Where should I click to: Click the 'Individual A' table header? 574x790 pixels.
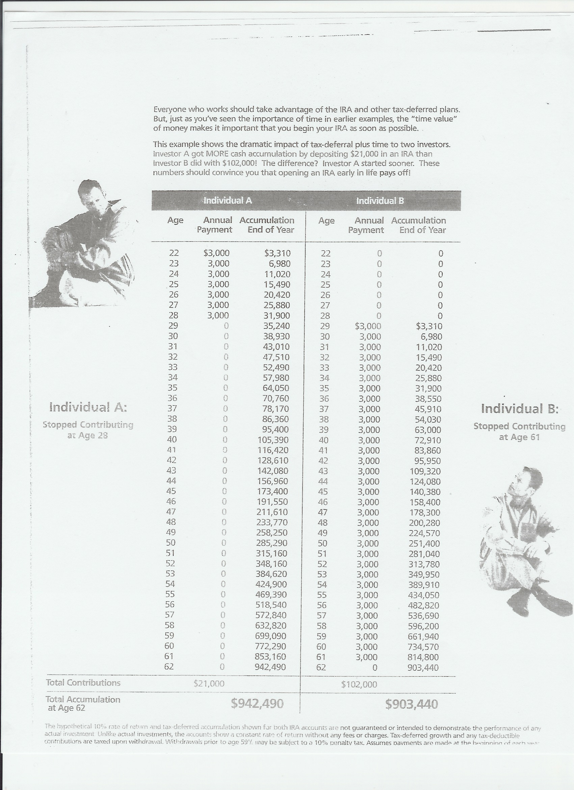tap(228, 200)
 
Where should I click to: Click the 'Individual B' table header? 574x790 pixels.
tap(380, 201)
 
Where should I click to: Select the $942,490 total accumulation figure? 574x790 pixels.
tap(257, 704)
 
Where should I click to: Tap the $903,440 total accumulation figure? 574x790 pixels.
tap(412, 704)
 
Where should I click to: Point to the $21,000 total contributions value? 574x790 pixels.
tap(209, 684)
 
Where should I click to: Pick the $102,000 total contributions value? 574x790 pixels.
tap(359, 684)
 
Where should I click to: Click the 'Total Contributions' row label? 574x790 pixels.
tap(83, 682)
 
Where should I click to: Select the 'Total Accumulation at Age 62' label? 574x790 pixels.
tap(83, 703)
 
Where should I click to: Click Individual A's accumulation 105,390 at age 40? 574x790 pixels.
tap(273, 440)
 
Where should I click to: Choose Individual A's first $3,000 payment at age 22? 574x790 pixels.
tap(216, 253)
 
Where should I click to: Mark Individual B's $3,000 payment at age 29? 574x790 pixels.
tap(368, 326)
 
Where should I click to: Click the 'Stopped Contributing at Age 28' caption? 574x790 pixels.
tap(88, 430)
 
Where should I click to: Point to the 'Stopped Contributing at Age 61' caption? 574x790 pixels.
tap(519, 431)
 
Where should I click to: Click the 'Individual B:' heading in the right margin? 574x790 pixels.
tap(519, 409)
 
